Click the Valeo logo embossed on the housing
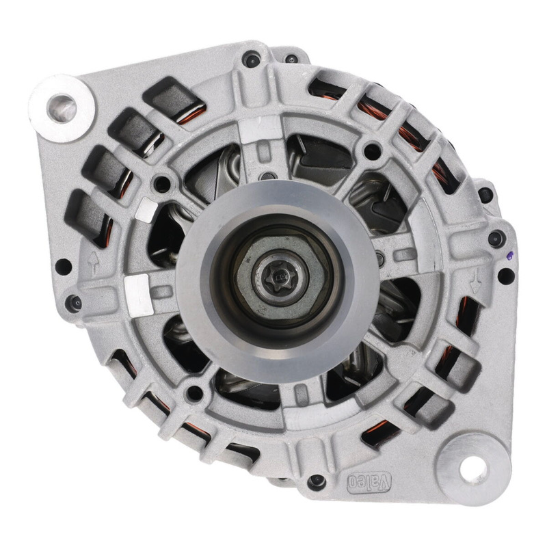pyautogui.click(x=369, y=483)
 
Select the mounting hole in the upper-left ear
pyautogui.click(x=62, y=108)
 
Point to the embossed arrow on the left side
pyautogui.click(x=93, y=263)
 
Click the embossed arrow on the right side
pyautogui.click(x=475, y=281)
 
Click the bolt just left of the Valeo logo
pyautogui.click(x=317, y=482)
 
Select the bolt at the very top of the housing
pyautogui.click(x=252, y=59)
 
